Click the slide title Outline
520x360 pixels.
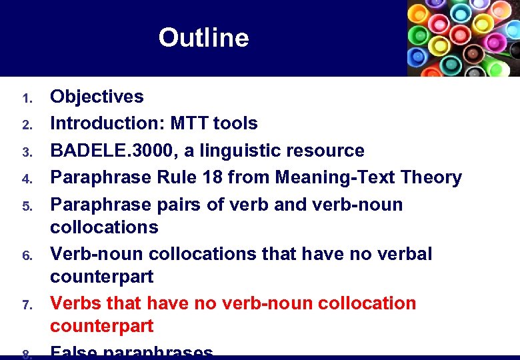203,38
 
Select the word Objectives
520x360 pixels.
97,97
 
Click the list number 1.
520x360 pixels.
27,99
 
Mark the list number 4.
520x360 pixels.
27,179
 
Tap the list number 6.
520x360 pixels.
27,256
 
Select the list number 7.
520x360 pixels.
27,305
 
